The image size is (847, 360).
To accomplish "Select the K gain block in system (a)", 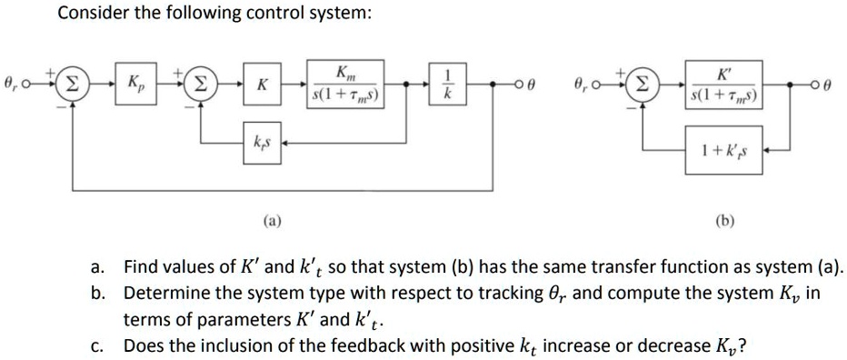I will [262, 85].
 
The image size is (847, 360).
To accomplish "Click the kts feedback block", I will [262, 145].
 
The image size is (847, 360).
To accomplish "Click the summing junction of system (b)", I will [642, 85].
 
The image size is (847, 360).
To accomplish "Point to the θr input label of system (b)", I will [580, 85].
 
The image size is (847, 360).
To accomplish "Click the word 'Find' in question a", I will [141, 268].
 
